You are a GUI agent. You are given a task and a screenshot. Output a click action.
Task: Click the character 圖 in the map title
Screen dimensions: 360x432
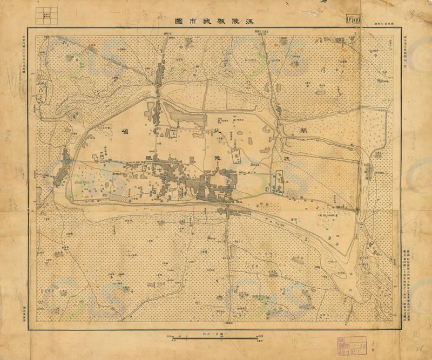pos(179,21)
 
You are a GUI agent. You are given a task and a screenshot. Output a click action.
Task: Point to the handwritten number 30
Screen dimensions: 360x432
pos(415,16)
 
